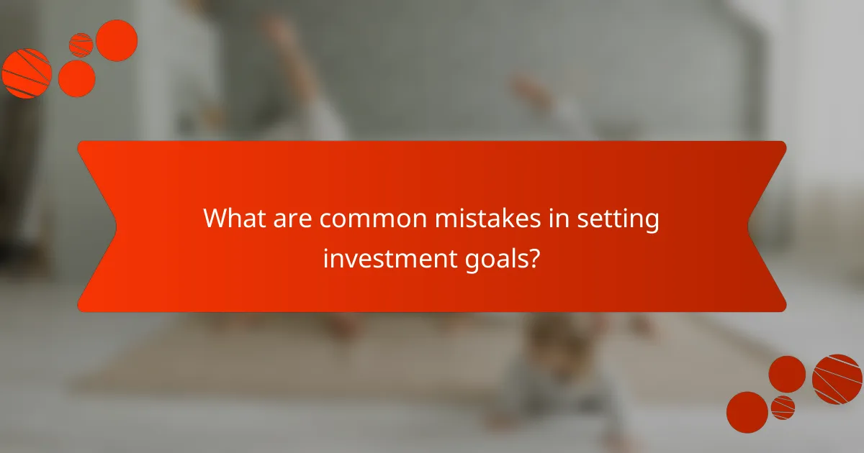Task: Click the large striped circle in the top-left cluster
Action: click(26, 73)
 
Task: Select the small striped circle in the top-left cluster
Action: click(81, 45)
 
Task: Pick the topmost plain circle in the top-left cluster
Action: click(117, 40)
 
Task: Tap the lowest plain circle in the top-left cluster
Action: click(76, 78)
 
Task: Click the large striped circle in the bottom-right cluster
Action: click(837, 379)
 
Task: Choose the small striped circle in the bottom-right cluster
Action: click(783, 407)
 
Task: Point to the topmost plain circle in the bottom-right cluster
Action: click(787, 374)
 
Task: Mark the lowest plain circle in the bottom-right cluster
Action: click(747, 412)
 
